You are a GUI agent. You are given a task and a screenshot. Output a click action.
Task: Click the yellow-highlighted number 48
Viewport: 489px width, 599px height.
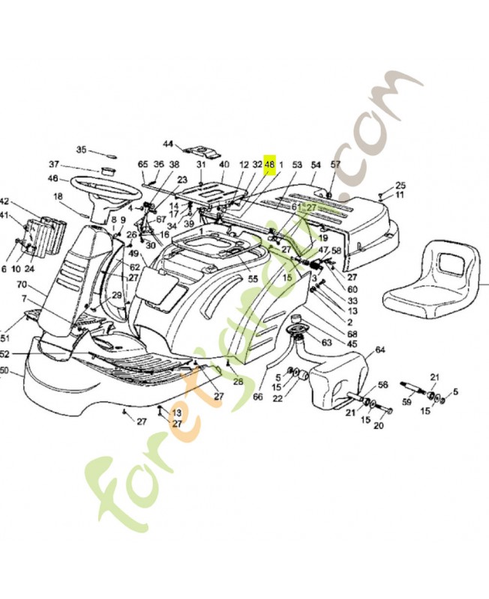[x=270, y=164]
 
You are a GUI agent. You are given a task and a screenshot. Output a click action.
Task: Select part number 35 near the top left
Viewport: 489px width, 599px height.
[x=82, y=149]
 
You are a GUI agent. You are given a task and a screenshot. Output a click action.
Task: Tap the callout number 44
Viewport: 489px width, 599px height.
[x=168, y=144]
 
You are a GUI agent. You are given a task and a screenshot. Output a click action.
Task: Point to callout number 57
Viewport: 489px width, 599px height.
[x=335, y=164]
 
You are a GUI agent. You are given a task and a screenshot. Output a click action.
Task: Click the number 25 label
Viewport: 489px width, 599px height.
[x=400, y=185]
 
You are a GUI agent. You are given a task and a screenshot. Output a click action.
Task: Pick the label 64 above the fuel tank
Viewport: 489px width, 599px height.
[x=379, y=350]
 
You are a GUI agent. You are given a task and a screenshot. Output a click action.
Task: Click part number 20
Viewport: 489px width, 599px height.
[x=378, y=426]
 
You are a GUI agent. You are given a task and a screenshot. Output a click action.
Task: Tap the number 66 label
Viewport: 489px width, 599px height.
[x=257, y=397]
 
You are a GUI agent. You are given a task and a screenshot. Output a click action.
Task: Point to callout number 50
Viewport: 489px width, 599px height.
[x=4, y=371]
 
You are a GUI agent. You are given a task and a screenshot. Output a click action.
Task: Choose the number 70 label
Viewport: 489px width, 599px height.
[x=22, y=285]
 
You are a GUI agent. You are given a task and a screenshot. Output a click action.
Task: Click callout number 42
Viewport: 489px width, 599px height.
[x=4, y=202]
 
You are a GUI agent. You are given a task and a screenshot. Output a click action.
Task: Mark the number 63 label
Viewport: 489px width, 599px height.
[x=326, y=343]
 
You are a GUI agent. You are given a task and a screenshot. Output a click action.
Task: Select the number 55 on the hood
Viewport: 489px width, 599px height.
[x=253, y=279]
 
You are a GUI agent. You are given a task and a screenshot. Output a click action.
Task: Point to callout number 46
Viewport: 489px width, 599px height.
[x=53, y=178]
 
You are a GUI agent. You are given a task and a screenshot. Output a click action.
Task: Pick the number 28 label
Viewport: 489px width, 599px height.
[x=238, y=382]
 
